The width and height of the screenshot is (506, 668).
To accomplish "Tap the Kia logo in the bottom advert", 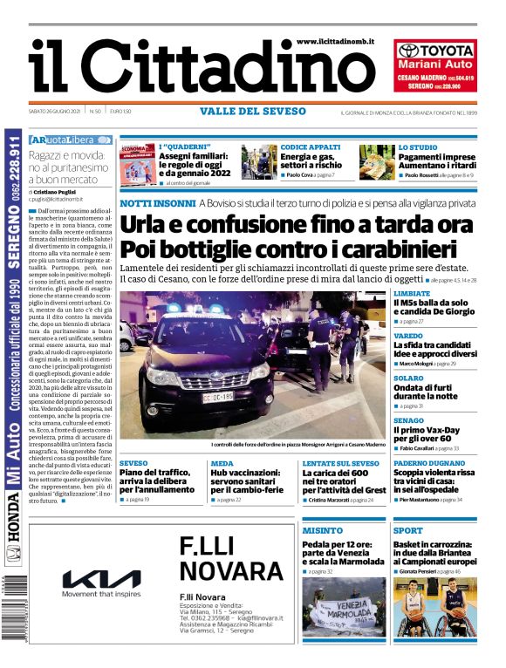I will coord(101,579).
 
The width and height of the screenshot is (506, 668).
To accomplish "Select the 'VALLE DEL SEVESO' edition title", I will coord(253,112).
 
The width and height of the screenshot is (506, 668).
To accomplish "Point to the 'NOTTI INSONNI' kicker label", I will coord(154,202).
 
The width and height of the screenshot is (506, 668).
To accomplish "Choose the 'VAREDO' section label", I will coord(407,336).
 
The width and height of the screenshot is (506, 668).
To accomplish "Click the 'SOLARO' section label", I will coord(408,378).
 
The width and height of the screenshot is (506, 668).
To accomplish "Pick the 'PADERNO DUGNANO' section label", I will coord(428,463).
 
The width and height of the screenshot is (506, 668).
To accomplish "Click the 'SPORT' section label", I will coord(407,530).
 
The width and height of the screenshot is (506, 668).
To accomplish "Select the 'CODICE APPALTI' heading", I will coord(311,147).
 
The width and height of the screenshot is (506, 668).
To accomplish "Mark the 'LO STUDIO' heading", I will coord(418,147).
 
